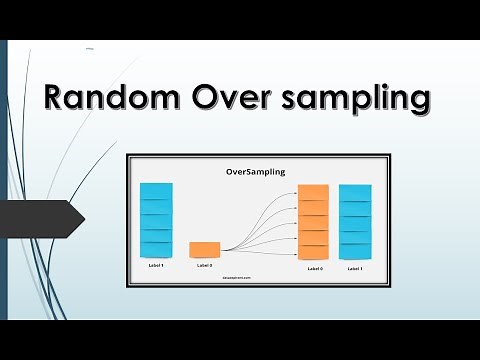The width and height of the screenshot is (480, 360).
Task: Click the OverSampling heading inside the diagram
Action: click(x=255, y=172)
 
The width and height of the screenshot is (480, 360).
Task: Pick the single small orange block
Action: click(x=204, y=249)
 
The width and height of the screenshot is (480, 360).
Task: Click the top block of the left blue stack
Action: click(x=156, y=190)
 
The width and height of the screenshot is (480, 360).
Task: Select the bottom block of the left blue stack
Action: click(x=156, y=250)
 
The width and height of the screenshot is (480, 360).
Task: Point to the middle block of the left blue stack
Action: click(x=156, y=220)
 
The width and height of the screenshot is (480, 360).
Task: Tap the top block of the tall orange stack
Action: click(x=313, y=193)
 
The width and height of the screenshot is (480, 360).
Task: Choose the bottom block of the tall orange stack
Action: click(x=313, y=251)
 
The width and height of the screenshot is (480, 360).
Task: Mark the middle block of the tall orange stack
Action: click(x=313, y=222)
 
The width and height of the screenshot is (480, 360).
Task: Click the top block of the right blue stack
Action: click(x=355, y=191)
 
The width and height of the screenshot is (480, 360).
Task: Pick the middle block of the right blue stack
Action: click(x=355, y=221)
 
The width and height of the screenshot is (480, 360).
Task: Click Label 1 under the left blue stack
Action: click(x=156, y=265)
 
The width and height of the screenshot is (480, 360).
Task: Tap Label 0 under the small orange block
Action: click(x=204, y=265)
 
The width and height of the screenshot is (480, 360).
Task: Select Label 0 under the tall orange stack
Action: click(x=313, y=268)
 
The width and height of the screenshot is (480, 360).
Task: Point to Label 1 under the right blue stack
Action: click(x=355, y=268)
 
